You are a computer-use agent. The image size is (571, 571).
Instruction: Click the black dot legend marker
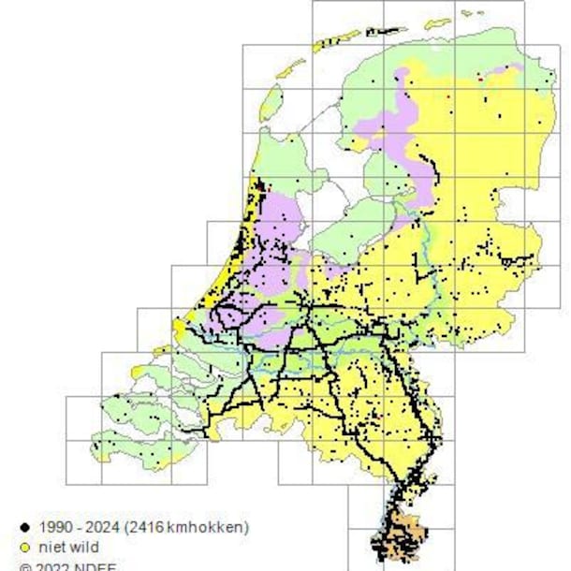point(25,527)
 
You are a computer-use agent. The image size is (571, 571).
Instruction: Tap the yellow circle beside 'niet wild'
point(25,547)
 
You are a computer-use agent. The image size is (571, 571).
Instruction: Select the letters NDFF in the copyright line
point(97,566)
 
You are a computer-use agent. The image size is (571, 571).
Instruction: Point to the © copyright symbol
point(25,566)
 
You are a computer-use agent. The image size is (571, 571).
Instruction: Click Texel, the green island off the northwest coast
point(271,102)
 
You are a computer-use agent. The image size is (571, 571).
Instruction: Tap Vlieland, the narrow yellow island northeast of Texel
point(292,67)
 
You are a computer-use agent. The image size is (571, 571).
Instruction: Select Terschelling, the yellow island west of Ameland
point(335,40)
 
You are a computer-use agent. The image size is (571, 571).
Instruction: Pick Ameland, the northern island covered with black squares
point(387,31)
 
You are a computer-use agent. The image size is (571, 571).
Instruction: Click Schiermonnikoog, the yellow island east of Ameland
point(436,23)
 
